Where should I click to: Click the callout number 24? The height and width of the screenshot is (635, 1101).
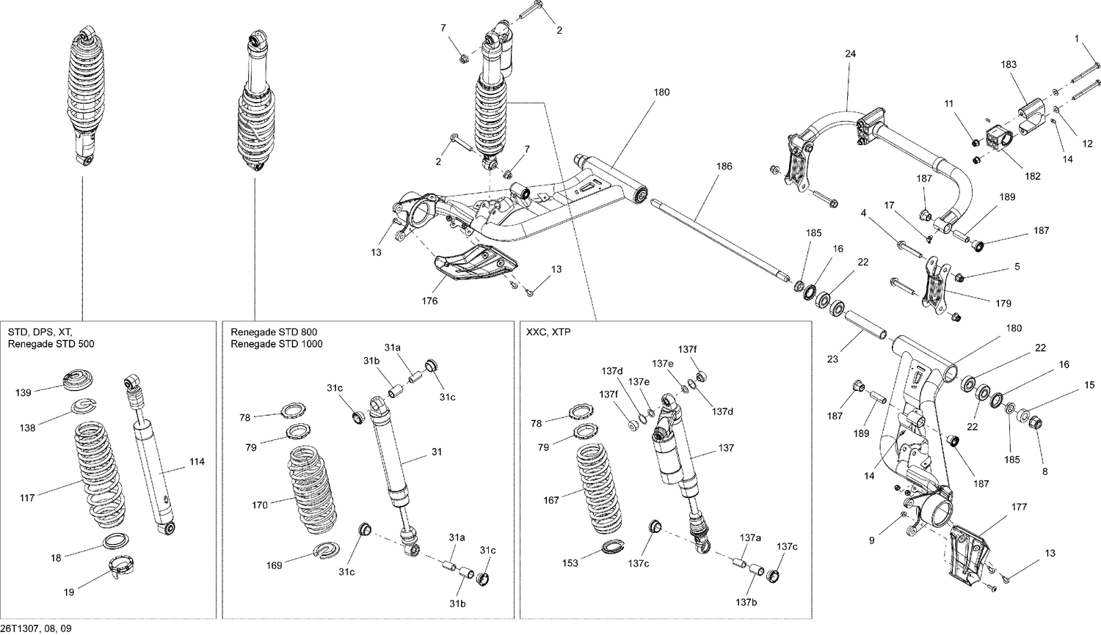850,54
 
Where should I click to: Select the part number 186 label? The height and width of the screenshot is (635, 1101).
724,166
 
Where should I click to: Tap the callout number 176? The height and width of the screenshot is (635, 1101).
429,301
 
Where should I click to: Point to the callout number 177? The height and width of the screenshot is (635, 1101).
1019,507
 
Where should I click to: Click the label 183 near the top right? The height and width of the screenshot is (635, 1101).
1009,65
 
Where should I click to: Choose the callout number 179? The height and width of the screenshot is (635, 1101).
1003,303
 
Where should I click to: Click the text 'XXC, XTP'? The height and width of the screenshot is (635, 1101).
548,332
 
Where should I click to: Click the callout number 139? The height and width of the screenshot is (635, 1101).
23,393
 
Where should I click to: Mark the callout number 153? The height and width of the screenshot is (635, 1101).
570,563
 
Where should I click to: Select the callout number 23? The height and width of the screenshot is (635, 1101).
832,359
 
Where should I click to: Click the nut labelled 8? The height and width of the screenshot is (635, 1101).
1036,423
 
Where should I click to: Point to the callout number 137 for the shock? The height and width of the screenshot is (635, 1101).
725,448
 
